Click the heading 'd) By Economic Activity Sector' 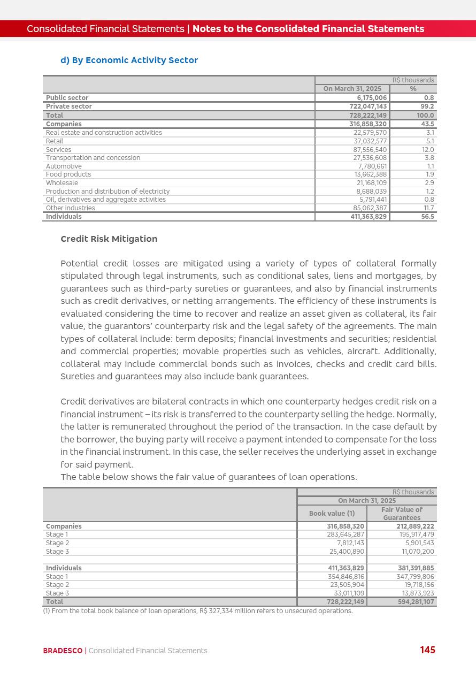[x=129, y=60]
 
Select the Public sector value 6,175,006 [x=372, y=98]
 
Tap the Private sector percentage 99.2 [x=428, y=106]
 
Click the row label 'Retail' [x=55, y=141]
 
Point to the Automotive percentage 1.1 [x=431, y=166]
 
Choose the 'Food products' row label [x=68, y=174]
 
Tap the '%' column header [x=413, y=89]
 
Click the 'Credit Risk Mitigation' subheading [x=109, y=239]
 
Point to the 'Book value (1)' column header [x=332, y=514]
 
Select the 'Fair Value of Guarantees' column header [x=402, y=514]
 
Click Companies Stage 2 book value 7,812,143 [x=350, y=543]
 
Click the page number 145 [x=427, y=650]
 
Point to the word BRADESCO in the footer [x=63, y=651]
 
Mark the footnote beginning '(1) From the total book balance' [x=198, y=611]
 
